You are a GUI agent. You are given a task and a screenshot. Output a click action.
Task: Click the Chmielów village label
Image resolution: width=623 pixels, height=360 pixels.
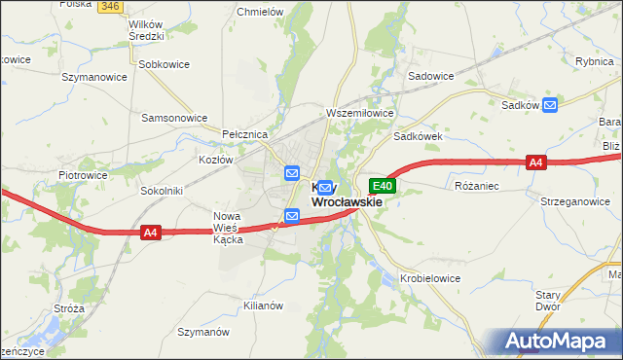261,13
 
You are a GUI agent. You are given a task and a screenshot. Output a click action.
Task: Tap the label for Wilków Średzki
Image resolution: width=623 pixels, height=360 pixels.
136,29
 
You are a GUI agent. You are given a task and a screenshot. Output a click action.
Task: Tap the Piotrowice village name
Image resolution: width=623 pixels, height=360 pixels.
82,175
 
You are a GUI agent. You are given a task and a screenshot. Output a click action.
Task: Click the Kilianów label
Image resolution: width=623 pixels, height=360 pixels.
262,306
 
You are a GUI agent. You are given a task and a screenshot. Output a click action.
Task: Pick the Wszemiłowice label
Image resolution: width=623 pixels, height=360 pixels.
360,113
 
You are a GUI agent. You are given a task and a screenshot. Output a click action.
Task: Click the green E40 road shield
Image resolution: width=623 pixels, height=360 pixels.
382,186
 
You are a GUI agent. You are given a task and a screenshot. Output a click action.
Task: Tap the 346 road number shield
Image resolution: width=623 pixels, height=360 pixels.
109,6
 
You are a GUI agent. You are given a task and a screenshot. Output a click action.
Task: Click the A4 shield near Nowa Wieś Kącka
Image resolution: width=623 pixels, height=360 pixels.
150,233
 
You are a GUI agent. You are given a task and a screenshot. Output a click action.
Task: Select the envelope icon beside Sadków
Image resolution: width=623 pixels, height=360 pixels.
550,104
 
